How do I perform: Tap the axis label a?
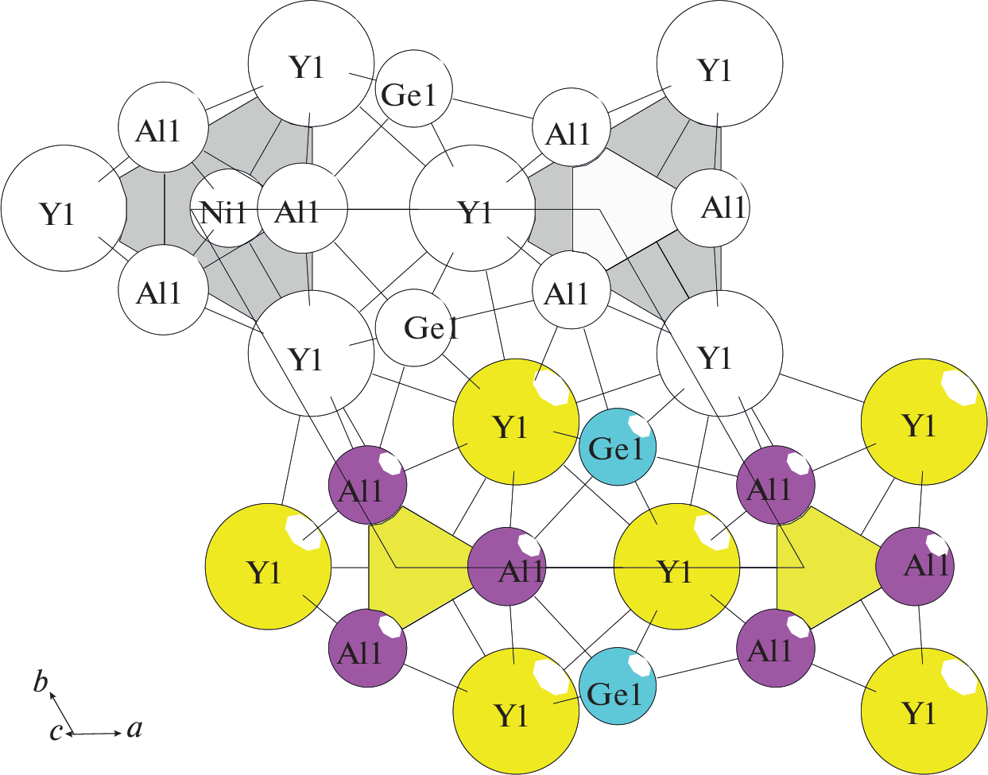click(135, 728)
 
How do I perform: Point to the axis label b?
click(41, 682)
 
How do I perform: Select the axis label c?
click(56, 731)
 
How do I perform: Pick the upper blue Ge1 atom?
click(618, 448)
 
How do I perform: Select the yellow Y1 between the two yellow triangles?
click(676, 567)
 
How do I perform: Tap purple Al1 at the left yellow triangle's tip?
click(507, 567)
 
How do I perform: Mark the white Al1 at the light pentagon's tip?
click(710, 208)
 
